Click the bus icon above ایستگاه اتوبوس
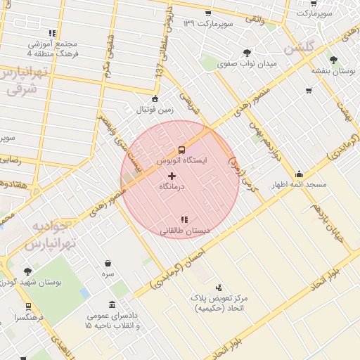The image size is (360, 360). (x=181, y=149)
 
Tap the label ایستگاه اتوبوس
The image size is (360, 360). (x=181, y=161)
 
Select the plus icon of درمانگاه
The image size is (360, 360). (x=172, y=175)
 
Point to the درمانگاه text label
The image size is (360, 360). (x=172, y=186)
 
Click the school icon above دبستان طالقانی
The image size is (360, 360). (x=184, y=219)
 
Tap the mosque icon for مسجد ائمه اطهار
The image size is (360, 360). (x=300, y=174)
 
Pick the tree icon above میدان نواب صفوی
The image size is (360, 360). (x=246, y=53)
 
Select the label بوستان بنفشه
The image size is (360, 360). (x=334, y=71)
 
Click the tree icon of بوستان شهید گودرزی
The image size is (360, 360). (x=27, y=271)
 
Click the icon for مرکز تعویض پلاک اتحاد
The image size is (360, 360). (x=219, y=287)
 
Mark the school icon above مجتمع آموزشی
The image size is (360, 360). (x=52, y=32)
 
